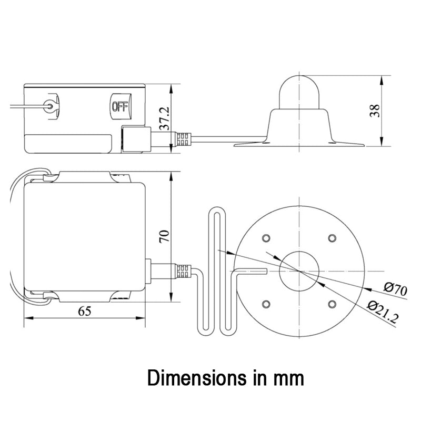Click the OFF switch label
(x=120, y=107)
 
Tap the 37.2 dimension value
(x=164, y=118)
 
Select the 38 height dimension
(x=375, y=111)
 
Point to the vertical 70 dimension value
(x=164, y=236)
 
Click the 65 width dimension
(x=85, y=311)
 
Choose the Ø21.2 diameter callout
(x=383, y=312)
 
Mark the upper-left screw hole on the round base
(x=266, y=238)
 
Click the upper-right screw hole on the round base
(x=332, y=238)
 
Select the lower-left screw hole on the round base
(x=266, y=304)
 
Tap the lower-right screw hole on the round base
(x=332, y=304)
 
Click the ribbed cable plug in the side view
(x=184, y=138)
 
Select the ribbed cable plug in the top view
(x=184, y=271)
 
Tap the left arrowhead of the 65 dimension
(x=28, y=318)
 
